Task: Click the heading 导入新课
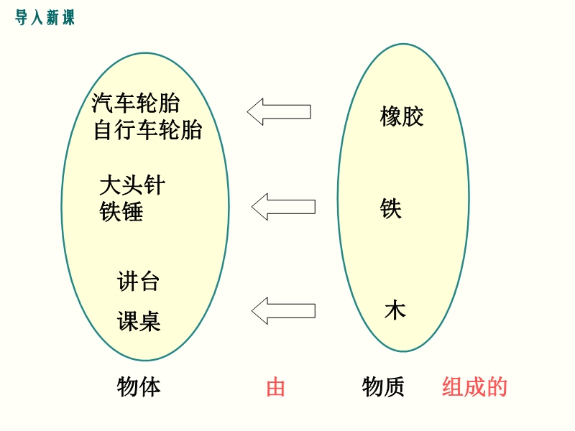(x=45, y=17)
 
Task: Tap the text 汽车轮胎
(x=135, y=103)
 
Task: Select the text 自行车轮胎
(x=147, y=130)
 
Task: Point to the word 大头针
(x=132, y=185)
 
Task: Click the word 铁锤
(x=121, y=211)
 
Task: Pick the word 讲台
(x=138, y=282)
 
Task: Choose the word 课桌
(x=139, y=321)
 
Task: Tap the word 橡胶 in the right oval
(x=402, y=116)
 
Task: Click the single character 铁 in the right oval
(x=390, y=208)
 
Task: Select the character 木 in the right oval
(x=395, y=310)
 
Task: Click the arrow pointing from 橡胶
(x=279, y=112)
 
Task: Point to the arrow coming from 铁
(x=283, y=207)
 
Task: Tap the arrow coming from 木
(x=283, y=311)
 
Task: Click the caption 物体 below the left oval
(x=139, y=386)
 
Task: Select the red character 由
(x=275, y=387)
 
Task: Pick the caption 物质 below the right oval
(x=383, y=386)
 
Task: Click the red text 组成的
(x=474, y=386)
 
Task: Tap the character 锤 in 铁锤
(x=132, y=211)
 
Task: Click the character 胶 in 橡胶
(x=413, y=116)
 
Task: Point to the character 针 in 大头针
(x=155, y=185)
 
